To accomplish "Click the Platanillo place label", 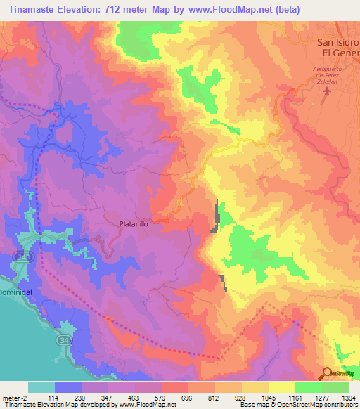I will (129, 223).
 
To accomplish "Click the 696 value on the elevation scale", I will (187, 397).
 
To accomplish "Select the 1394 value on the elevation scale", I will (346, 397).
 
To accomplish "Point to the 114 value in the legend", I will (53, 397).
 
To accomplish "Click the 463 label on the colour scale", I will (134, 397).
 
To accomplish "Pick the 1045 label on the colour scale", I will (266, 397).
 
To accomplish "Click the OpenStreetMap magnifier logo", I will (327, 374).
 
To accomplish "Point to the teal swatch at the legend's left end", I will (41, 387).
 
